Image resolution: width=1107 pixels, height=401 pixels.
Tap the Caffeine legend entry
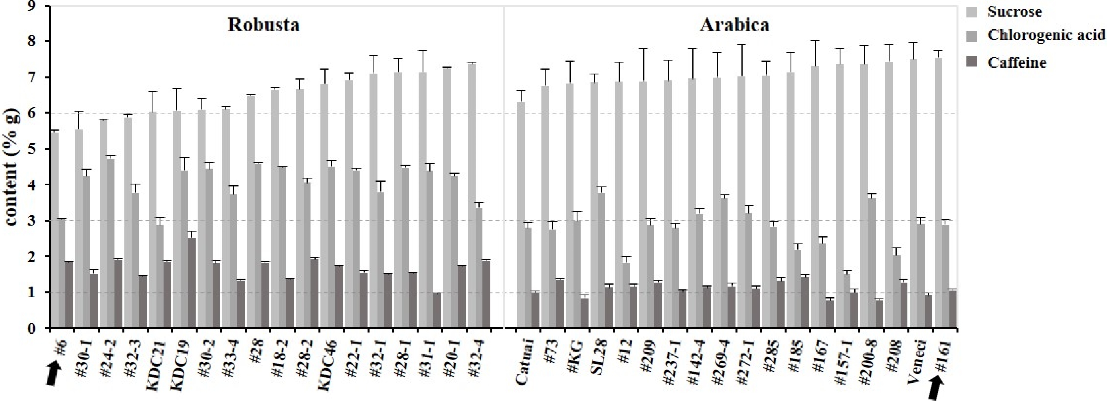(x=1016, y=63)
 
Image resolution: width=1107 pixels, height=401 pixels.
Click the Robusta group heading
(x=263, y=25)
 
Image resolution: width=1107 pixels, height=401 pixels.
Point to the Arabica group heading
(x=734, y=25)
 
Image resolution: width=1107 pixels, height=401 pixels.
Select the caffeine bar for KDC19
(x=191, y=283)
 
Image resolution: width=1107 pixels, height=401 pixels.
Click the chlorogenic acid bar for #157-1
(x=846, y=300)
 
